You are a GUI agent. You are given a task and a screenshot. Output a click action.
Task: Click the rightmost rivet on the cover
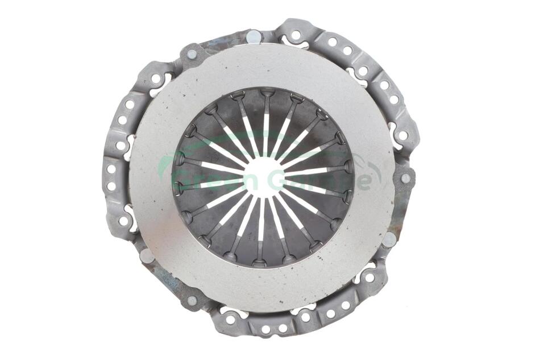[x=406, y=178]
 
